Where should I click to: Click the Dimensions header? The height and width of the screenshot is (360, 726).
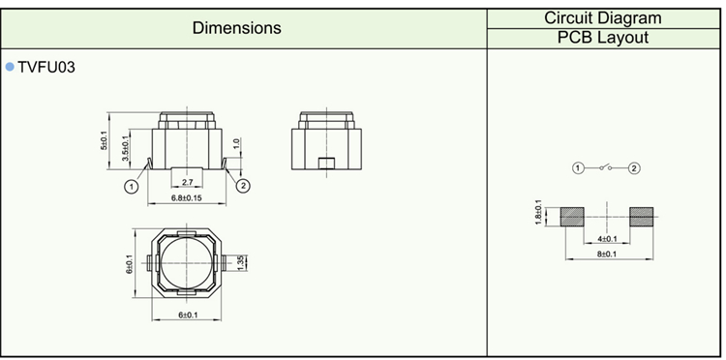pos(236,28)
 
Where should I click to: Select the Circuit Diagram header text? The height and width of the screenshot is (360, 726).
pos(603,18)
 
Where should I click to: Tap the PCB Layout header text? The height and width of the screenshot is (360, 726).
pos(603,38)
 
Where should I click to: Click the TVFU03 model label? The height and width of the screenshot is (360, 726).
pos(46,68)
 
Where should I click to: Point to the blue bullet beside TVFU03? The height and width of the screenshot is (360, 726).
pos(10,67)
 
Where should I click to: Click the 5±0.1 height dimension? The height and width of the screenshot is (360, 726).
pos(105,140)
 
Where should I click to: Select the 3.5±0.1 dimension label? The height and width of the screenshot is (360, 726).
pos(126,149)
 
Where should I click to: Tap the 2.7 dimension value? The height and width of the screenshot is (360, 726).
pos(187,182)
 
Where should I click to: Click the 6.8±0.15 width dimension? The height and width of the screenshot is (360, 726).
pos(187,198)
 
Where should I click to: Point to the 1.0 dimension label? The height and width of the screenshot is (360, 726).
pos(236,144)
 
